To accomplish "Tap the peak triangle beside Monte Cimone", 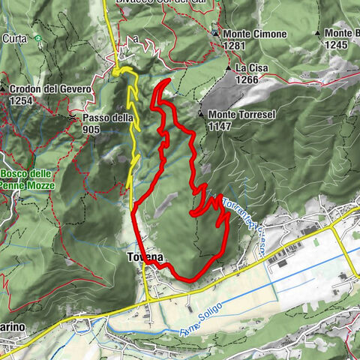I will tap(215, 34).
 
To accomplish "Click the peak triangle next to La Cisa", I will tap(229, 68).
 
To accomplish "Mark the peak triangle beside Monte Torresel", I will tap(202, 114).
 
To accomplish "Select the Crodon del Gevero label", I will tap(50, 89).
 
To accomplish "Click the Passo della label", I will tap(108, 118).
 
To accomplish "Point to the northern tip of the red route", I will tap(169, 79).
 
